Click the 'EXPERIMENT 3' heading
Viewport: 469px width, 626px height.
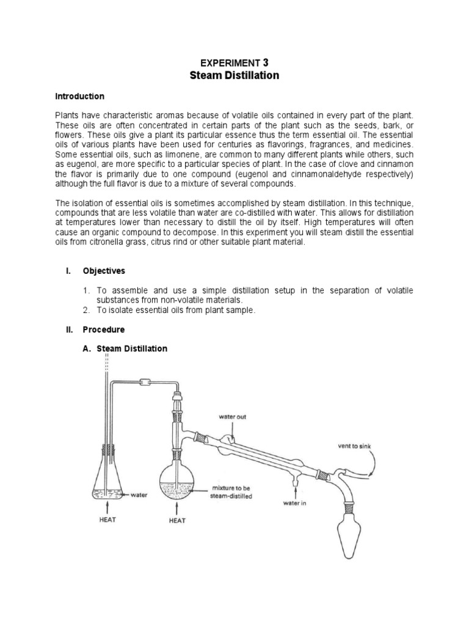[235, 62]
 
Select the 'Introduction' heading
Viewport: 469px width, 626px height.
[80, 97]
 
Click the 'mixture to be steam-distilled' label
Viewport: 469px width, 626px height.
[231, 493]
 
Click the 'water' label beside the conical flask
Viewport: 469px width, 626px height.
[140, 495]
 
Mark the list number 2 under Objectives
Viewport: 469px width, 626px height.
[86, 310]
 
